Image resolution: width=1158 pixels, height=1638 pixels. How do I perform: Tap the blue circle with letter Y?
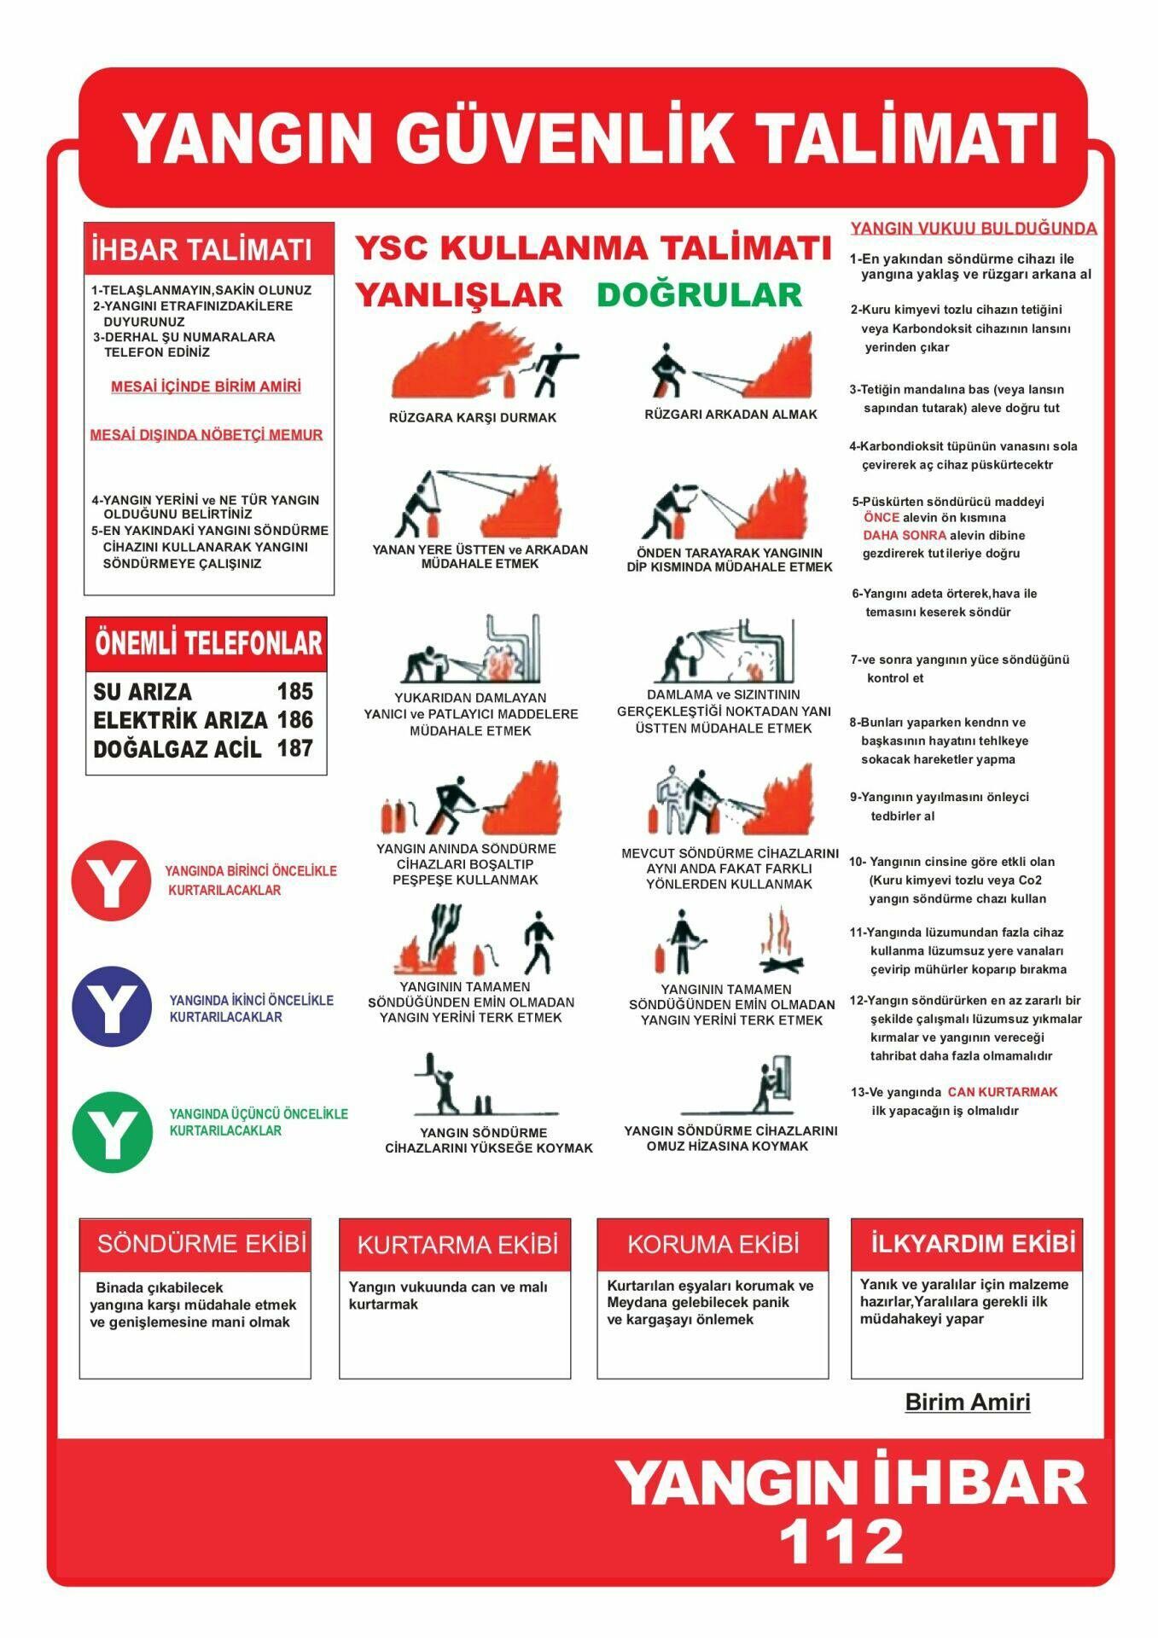click(112, 1007)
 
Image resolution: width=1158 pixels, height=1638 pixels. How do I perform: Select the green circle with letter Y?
click(112, 1132)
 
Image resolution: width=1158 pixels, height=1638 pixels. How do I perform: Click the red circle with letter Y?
click(112, 881)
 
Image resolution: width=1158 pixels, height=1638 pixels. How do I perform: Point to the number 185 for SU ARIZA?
click(295, 691)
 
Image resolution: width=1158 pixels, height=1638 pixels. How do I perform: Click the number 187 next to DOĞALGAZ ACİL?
click(295, 748)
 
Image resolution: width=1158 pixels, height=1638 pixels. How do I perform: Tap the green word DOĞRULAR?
click(699, 295)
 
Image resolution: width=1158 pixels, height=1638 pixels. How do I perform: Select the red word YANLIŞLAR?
click(458, 295)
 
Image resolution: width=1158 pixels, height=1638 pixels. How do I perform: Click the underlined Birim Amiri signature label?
click(967, 1402)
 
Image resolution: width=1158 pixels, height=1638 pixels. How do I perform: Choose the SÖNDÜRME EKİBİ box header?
click(201, 1243)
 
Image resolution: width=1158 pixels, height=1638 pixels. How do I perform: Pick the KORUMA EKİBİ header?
click(713, 1244)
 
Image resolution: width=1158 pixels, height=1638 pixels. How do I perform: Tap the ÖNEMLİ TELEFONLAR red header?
click(207, 643)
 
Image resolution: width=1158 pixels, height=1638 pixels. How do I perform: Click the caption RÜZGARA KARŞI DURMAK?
click(472, 418)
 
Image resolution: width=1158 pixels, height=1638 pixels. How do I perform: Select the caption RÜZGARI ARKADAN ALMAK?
click(730, 415)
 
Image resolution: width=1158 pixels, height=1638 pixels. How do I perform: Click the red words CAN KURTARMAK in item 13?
click(1002, 1092)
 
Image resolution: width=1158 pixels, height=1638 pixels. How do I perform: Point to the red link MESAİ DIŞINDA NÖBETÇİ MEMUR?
click(207, 435)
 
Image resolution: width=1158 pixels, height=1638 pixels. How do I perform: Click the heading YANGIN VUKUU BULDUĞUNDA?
click(973, 229)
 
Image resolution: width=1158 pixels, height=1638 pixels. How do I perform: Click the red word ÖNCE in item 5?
click(881, 518)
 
